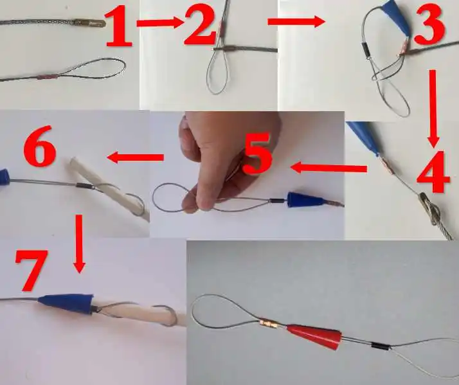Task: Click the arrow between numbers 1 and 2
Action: (x=159, y=23)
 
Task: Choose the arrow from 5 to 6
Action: (x=134, y=157)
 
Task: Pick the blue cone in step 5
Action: (x=300, y=200)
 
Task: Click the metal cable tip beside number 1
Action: (x=89, y=23)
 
